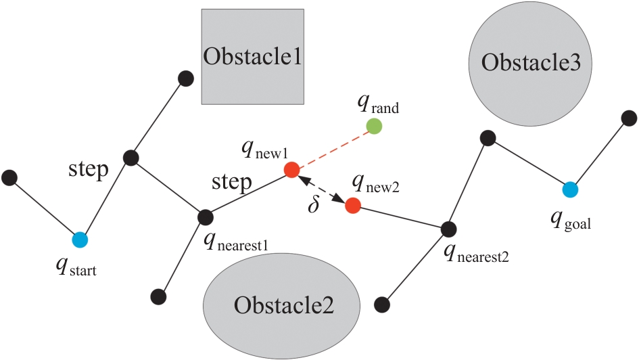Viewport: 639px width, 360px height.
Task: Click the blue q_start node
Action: (80, 240)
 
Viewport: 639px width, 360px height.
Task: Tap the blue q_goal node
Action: (569, 189)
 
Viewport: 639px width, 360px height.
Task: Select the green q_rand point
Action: (373, 126)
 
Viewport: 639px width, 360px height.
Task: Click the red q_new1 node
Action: (291, 169)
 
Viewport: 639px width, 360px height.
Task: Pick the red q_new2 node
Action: (352, 205)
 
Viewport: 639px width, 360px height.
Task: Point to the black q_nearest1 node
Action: (206, 217)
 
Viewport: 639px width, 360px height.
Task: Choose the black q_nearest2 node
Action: (446, 229)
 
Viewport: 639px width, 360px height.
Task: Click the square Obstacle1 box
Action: (252, 56)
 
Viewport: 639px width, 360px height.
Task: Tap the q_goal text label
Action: (571, 221)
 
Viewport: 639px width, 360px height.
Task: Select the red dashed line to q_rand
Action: (333, 148)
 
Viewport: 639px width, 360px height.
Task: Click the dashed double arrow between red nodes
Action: (322, 187)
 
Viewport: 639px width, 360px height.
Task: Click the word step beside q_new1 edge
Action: (232, 182)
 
